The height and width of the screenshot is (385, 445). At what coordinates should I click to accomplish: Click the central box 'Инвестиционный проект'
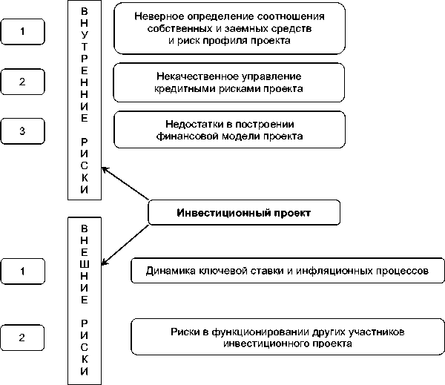click(x=244, y=213)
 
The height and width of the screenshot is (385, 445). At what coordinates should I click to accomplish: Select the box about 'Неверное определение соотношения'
click(x=230, y=29)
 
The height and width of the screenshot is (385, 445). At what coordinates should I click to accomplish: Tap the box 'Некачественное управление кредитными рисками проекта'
click(x=230, y=82)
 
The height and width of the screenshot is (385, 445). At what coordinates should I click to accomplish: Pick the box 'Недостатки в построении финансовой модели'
click(x=230, y=130)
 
